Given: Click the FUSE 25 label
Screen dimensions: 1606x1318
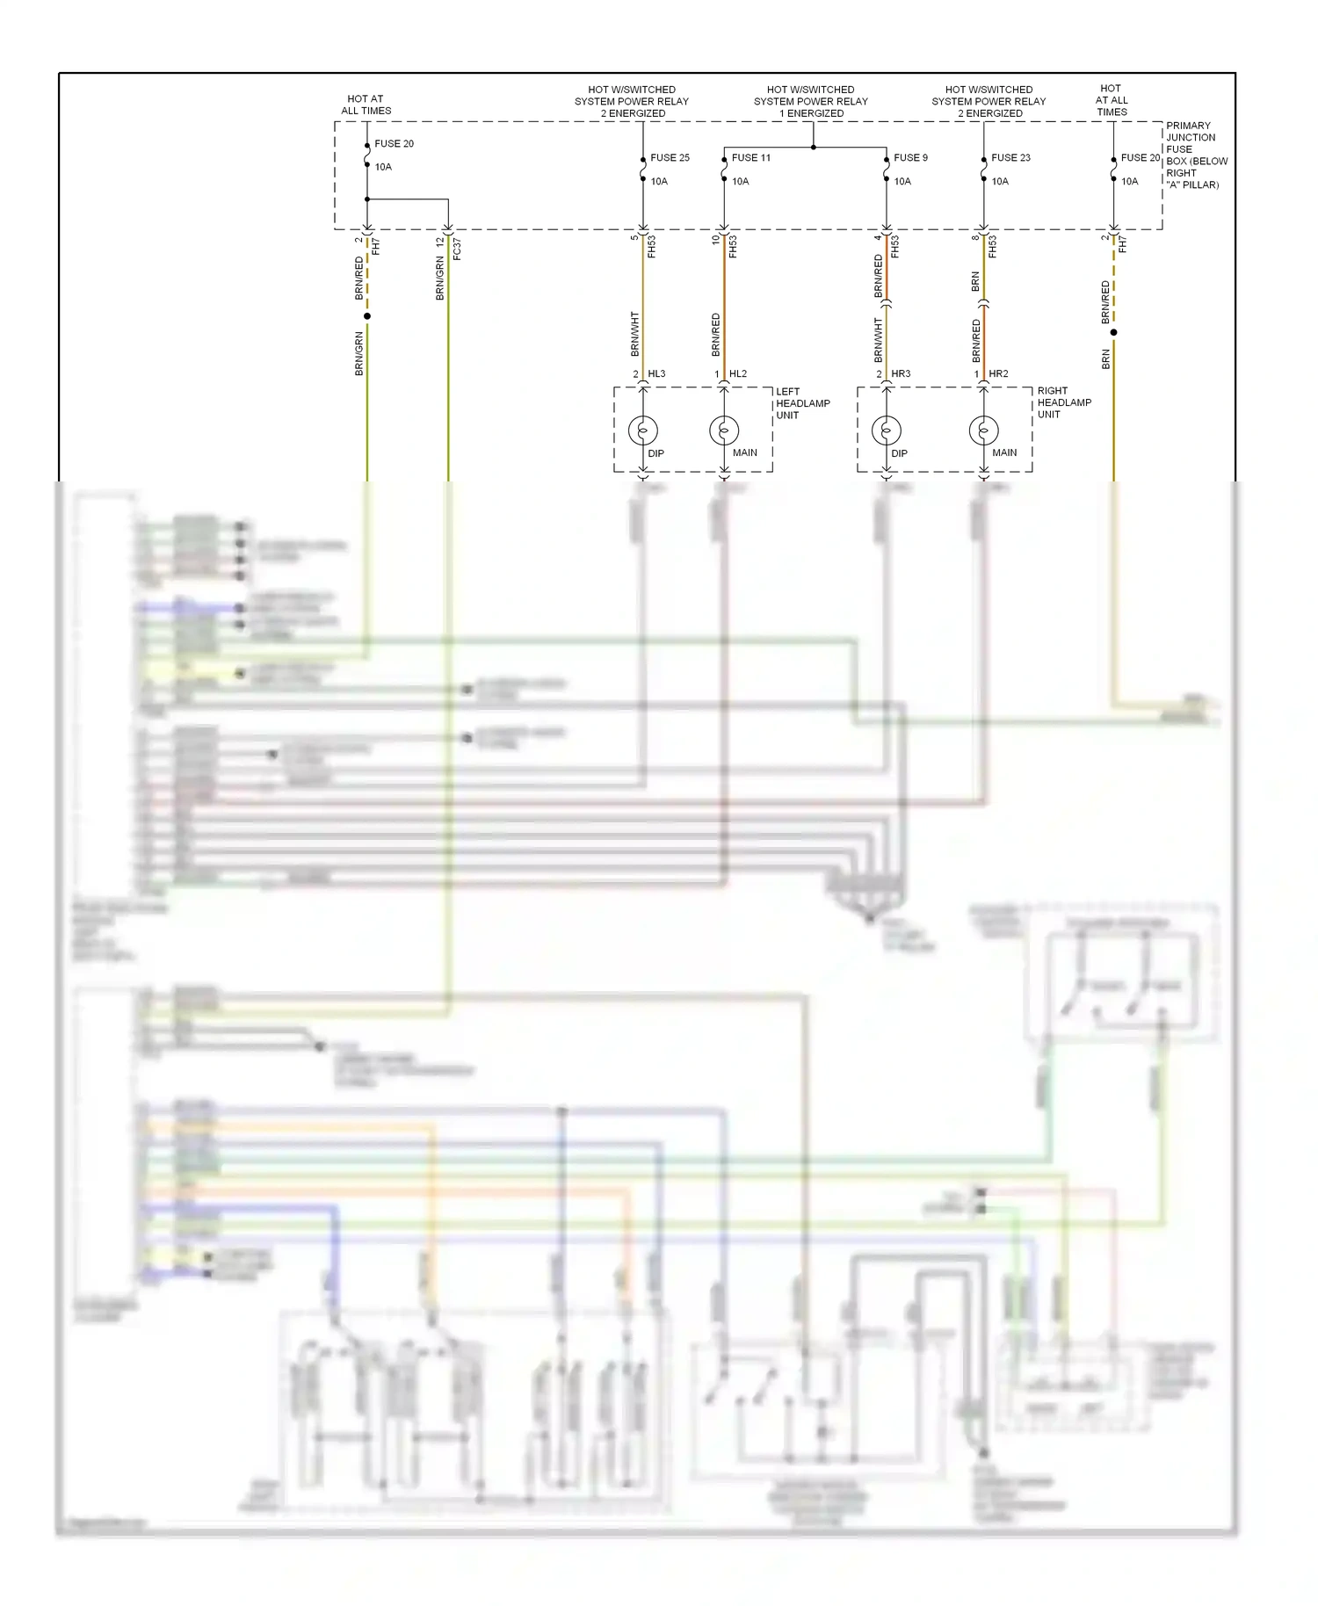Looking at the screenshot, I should (670, 158).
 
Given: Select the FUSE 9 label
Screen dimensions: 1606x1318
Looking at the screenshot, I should (910, 158).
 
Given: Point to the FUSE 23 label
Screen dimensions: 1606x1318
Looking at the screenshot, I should (1010, 158).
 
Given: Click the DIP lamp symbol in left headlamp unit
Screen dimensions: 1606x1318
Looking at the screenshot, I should (643, 430).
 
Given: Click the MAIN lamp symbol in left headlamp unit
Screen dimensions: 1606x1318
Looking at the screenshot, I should (724, 430).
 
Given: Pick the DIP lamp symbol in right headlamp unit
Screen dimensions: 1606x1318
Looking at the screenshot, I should (886, 430).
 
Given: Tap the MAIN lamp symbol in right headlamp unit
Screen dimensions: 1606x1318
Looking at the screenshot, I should (983, 430).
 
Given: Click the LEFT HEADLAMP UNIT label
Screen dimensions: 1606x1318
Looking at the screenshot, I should (801, 403).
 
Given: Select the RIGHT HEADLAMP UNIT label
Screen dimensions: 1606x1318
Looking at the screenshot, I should (1063, 402).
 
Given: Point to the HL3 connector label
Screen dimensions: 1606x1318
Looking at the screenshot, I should (656, 374).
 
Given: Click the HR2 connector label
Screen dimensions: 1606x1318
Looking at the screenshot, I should (998, 374).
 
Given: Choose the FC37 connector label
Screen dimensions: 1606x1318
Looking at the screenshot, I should (457, 249).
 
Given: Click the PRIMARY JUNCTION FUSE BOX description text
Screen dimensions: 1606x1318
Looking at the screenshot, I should (1195, 156).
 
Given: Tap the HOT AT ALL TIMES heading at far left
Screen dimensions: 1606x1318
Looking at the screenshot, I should (366, 105).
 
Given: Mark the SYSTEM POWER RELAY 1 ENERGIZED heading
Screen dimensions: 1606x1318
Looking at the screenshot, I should (810, 101).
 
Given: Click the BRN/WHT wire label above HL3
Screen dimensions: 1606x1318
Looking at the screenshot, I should (634, 334).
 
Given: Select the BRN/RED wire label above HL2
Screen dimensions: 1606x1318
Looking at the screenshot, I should (715, 335).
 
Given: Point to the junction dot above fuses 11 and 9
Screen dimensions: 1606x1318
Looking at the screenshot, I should (813, 148).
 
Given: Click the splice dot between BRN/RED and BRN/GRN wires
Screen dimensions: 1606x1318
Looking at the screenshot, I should (367, 316).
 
